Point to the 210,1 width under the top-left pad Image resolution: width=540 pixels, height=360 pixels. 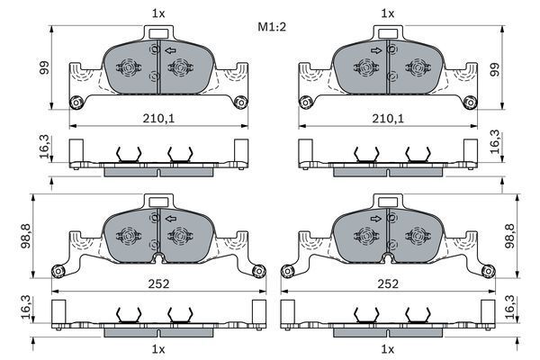point(157,117)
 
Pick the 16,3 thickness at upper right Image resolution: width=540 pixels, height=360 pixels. point(494,144)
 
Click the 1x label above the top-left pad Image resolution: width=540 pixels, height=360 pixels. point(157,13)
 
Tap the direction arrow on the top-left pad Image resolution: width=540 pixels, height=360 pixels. point(171,50)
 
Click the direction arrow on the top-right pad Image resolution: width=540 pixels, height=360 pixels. point(373,50)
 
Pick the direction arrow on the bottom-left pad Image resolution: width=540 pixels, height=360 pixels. point(171,217)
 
